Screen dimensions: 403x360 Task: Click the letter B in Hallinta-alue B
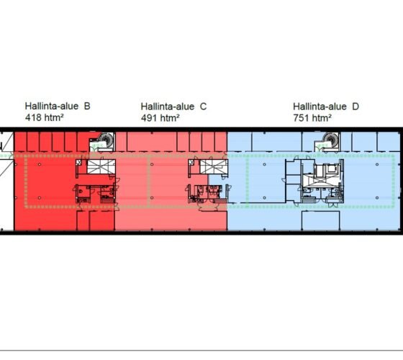pyautogui.click(x=87, y=107)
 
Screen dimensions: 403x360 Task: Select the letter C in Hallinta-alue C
pyautogui.click(x=203, y=107)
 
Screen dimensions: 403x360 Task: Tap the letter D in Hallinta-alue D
pyautogui.click(x=356, y=107)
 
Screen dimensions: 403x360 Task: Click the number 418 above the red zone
pyautogui.click(x=33, y=117)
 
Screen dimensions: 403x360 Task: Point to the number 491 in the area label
pyautogui.click(x=149, y=118)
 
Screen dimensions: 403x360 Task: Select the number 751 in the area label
pyautogui.click(x=302, y=118)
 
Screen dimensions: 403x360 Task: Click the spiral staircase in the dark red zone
pyautogui.click(x=107, y=140)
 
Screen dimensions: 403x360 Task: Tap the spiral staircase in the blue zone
pyautogui.click(x=331, y=140)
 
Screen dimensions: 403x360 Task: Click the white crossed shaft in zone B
pyautogui.click(x=101, y=166)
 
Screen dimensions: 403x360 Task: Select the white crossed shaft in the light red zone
pyautogui.click(x=214, y=166)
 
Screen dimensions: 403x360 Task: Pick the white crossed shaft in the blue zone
pyautogui.click(x=320, y=181)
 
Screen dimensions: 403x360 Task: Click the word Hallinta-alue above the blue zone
pyautogui.click(x=320, y=107)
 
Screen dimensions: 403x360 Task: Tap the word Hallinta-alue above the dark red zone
pyautogui.click(x=52, y=107)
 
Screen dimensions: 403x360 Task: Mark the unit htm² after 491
pyautogui.click(x=170, y=118)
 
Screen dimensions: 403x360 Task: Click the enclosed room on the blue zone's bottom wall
pyautogui.click(x=321, y=220)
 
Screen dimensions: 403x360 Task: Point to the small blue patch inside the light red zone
pyautogui.click(x=217, y=180)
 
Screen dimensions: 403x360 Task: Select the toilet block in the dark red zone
pyautogui.click(x=95, y=194)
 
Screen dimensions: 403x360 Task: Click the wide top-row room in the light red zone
pyautogui.click(x=152, y=142)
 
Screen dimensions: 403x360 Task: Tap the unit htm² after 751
pyautogui.click(x=322, y=118)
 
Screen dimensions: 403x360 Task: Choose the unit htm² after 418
pyautogui.click(x=54, y=117)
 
